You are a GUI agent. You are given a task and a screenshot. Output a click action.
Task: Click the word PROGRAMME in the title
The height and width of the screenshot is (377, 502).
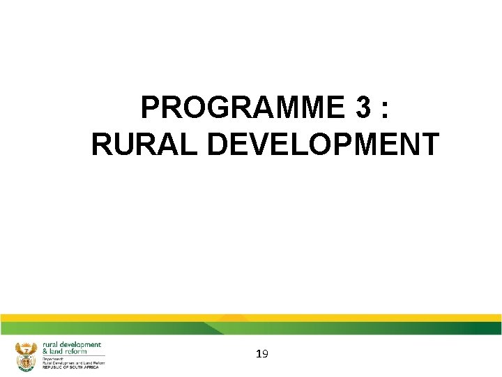click(x=236, y=108)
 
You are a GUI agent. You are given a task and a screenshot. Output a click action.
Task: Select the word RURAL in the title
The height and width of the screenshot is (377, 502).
click(x=145, y=145)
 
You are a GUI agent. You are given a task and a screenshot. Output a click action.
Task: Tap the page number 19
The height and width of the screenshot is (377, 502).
click(x=261, y=355)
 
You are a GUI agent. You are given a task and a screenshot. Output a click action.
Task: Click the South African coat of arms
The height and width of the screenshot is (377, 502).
click(x=25, y=355)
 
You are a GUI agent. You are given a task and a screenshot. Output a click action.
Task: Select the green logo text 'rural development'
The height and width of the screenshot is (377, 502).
click(x=72, y=344)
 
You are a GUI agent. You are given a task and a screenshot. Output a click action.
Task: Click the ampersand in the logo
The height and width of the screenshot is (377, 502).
click(x=45, y=351)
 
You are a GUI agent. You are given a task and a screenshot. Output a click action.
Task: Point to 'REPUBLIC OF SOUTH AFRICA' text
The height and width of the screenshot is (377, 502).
click(x=70, y=367)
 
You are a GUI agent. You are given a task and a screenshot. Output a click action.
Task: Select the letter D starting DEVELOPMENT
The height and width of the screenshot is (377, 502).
click(x=220, y=145)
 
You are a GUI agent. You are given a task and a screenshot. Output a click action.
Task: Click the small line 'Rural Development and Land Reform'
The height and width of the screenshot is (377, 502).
click(x=73, y=362)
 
